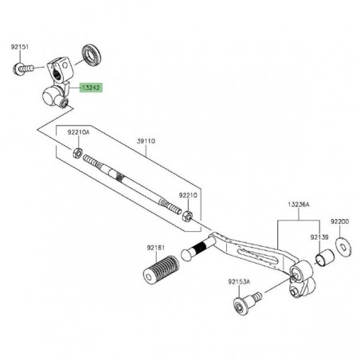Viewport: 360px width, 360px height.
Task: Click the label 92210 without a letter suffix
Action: (x=188, y=194)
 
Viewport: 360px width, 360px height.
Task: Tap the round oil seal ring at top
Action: (x=94, y=57)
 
